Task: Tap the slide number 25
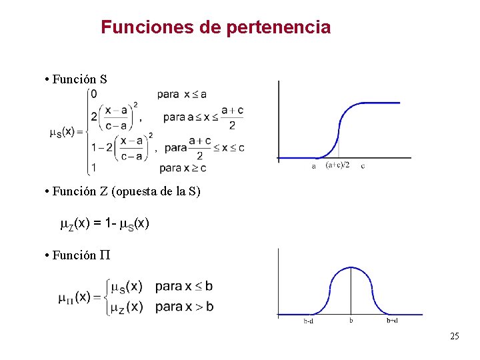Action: coord(455,336)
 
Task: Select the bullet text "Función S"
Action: coord(75,79)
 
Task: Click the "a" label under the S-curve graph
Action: coord(314,166)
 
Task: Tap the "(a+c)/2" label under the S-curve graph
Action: coord(337,166)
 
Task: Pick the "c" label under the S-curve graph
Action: coord(363,166)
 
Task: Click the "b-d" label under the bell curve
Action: coord(309,321)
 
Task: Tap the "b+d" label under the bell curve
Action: coord(393,321)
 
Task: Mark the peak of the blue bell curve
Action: coord(351,267)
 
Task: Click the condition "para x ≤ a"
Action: coord(182,94)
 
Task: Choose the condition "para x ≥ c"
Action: coord(183,167)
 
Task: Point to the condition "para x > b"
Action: coord(185,307)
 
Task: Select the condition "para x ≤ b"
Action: coord(185,287)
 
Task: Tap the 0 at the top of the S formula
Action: coord(93,93)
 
